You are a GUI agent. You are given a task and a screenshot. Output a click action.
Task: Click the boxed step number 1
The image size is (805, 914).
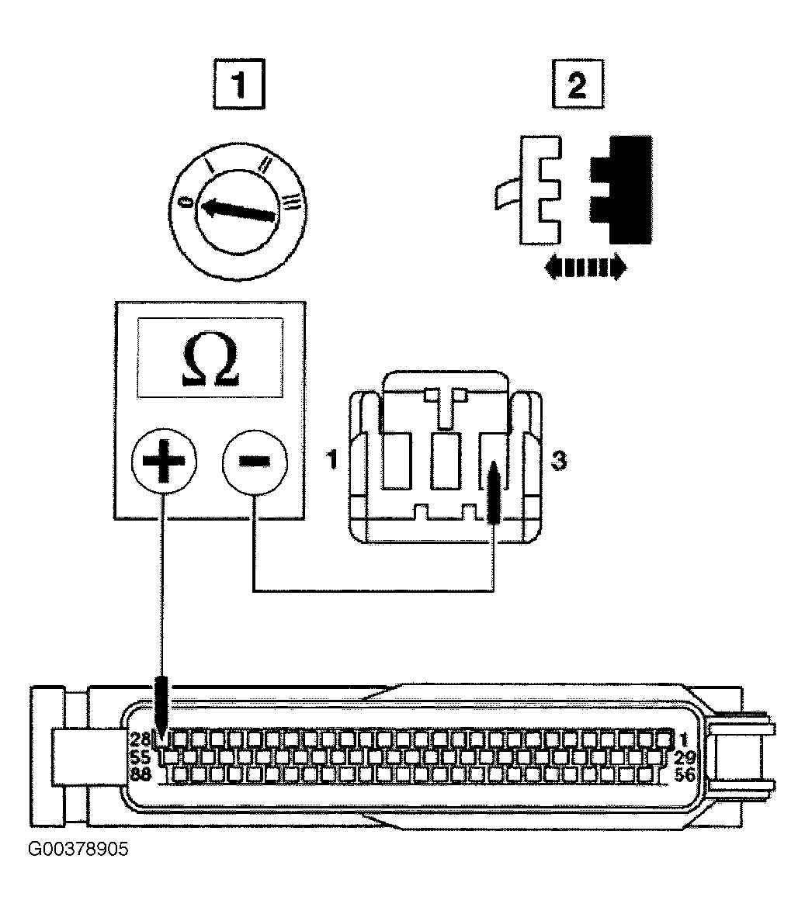239,84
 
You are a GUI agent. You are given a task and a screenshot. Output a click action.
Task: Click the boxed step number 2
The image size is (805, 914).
578,84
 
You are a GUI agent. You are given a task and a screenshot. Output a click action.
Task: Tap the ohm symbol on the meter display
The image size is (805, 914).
210,362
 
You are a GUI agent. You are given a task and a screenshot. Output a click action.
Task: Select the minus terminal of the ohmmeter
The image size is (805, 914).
255,461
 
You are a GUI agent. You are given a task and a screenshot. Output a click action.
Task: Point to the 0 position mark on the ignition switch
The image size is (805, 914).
185,202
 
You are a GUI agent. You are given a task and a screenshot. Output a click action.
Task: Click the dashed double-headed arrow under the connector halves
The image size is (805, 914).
585,268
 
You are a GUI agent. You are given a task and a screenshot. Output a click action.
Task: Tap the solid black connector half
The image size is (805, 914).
621,189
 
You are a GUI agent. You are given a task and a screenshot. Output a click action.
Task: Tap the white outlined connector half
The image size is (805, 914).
534,190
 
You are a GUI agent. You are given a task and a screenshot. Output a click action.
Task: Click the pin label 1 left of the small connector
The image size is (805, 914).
332,460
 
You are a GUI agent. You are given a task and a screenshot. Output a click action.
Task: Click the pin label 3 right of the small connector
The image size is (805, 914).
559,461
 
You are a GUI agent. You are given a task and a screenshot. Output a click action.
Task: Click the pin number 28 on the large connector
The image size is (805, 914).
140,739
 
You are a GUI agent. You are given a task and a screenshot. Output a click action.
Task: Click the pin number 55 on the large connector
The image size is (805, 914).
140,757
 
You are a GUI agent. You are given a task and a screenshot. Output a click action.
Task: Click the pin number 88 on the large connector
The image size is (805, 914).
140,774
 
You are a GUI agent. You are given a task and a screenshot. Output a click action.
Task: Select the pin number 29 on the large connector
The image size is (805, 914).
685,758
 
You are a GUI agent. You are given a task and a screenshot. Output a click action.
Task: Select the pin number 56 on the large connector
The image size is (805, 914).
685,775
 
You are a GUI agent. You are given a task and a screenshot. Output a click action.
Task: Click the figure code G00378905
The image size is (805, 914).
78,849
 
